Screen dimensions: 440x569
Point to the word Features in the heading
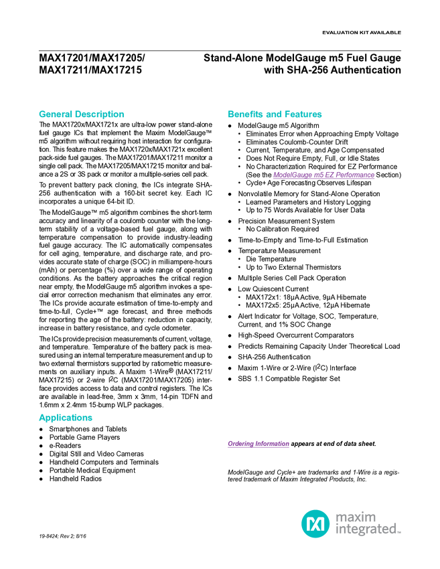[305, 114]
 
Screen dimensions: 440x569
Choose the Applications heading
[66, 418]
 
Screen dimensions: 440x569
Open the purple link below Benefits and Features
[323, 176]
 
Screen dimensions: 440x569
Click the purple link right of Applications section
[258, 444]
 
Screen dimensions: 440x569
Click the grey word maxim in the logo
[356, 517]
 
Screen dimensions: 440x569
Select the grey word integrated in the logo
[366, 530]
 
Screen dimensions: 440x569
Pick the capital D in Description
[78, 114]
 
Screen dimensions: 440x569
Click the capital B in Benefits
[230, 114]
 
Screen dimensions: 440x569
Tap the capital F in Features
[289, 114]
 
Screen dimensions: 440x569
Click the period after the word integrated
[400, 533]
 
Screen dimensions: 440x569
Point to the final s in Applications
[91, 418]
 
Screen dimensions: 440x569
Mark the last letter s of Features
[321, 114]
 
